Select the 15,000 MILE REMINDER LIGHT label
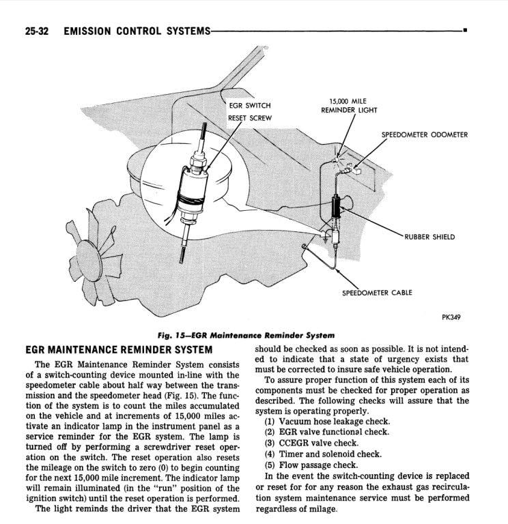click(348, 105)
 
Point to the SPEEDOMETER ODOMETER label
click(424, 134)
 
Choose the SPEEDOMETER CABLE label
click(376, 293)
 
